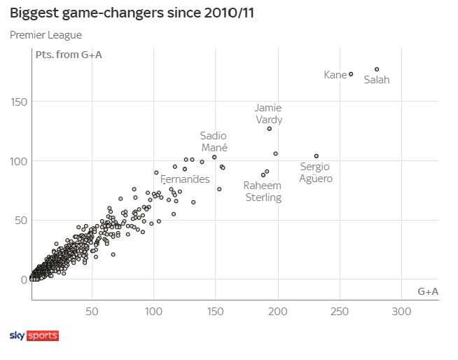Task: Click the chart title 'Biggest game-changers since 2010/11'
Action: pyautogui.click(x=132, y=13)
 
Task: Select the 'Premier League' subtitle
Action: pyautogui.click(x=46, y=35)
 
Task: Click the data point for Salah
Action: pyautogui.click(x=377, y=69)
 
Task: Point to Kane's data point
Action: pyautogui.click(x=351, y=74)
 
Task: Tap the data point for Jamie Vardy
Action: pyautogui.click(x=270, y=129)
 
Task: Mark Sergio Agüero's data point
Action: pyautogui.click(x=317, y=156)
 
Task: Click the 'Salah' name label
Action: pyautogui.click(x=377, y=80)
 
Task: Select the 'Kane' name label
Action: pyautogui.click(x=335, y=75)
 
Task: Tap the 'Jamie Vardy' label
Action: pyautogui.click(x=268, y=113)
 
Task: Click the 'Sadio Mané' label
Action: pyautogui.click(x=214, y=141)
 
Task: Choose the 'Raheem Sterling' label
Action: pyautogui.click(x=263, y=191)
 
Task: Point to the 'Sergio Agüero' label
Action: pyautogui.click(x=315, y=172)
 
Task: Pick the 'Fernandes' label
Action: pyautogui.click(x=185, y=180)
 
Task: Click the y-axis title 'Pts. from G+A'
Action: pyautogui.click(x=69, y=55)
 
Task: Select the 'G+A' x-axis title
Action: pyautogui.click(x=427, y=291)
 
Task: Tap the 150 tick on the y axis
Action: pyautogui.click(x=19, y=102)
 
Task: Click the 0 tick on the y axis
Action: pyautogui.click(x=25, y=279)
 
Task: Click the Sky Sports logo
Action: pyautogui.click(x=34, y=336)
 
